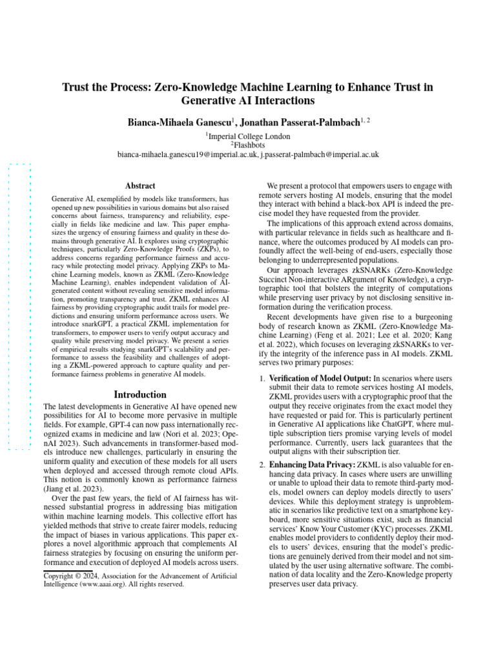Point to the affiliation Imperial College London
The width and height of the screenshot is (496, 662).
[249, 136]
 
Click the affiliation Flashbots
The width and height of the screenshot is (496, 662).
[249, 145]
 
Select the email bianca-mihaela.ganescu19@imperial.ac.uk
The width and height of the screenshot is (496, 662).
[187, 155]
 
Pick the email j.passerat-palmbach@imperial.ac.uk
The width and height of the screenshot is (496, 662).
[320, 155]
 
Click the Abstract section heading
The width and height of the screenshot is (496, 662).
[140, 186]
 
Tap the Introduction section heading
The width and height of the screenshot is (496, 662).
[140, 394]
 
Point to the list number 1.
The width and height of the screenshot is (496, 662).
[262, 378]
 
